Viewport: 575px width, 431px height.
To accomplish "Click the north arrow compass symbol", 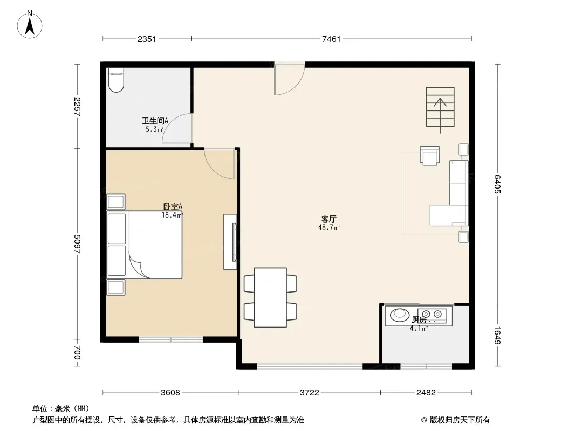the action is (30, 25).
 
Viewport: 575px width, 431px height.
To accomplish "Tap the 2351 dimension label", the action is (147, 39).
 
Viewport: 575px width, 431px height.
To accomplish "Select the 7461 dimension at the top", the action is (331, 39).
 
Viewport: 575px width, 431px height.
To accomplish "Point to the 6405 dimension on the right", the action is (497, 184).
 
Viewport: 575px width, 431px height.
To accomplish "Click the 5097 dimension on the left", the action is (77, 244).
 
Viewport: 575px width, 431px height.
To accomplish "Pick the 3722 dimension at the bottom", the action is (309, 393).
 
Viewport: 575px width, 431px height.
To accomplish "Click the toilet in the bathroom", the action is (117, 80).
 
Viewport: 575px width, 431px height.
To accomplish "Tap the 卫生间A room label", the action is (155, 121).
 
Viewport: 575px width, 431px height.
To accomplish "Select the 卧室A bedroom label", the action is (173, 206).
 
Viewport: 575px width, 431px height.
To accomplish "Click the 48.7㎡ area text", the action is (329, 227).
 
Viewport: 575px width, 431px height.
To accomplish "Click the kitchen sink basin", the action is (399, 315).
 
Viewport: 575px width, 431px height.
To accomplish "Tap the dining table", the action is (270, 297).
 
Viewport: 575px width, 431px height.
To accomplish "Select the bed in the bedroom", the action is (145, 244).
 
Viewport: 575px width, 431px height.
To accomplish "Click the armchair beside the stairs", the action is (430, 156).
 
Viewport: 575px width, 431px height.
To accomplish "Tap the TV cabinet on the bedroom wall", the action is (230, 242).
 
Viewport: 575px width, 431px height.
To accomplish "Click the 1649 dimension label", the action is (497, 335).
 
